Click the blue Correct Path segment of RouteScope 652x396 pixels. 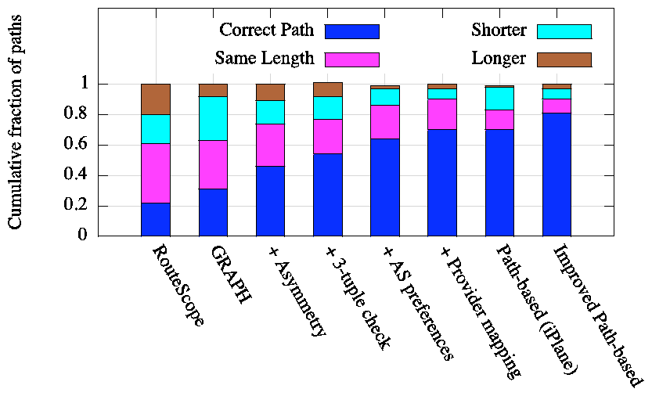coord(156,219)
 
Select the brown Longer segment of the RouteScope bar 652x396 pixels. coord(156,99)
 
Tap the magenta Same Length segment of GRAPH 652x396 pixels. coord(213,164)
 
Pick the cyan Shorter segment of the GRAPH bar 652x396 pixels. coord(213,118)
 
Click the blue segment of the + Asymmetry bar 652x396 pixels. coord(270,200)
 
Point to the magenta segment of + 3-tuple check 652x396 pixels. coord(328,136)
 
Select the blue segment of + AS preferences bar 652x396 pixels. coord(385,187)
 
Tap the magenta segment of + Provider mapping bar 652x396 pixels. coord(442,114)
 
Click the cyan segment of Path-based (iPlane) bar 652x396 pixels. coord(499,98)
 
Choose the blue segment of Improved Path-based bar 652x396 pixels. coord(557,175)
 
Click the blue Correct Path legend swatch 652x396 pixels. coord(351,31)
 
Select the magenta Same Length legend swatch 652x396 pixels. coord(351,59)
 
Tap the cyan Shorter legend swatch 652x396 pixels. coord(564,31)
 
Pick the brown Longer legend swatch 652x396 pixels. coord(564,59)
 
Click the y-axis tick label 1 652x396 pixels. coord(88,85)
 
